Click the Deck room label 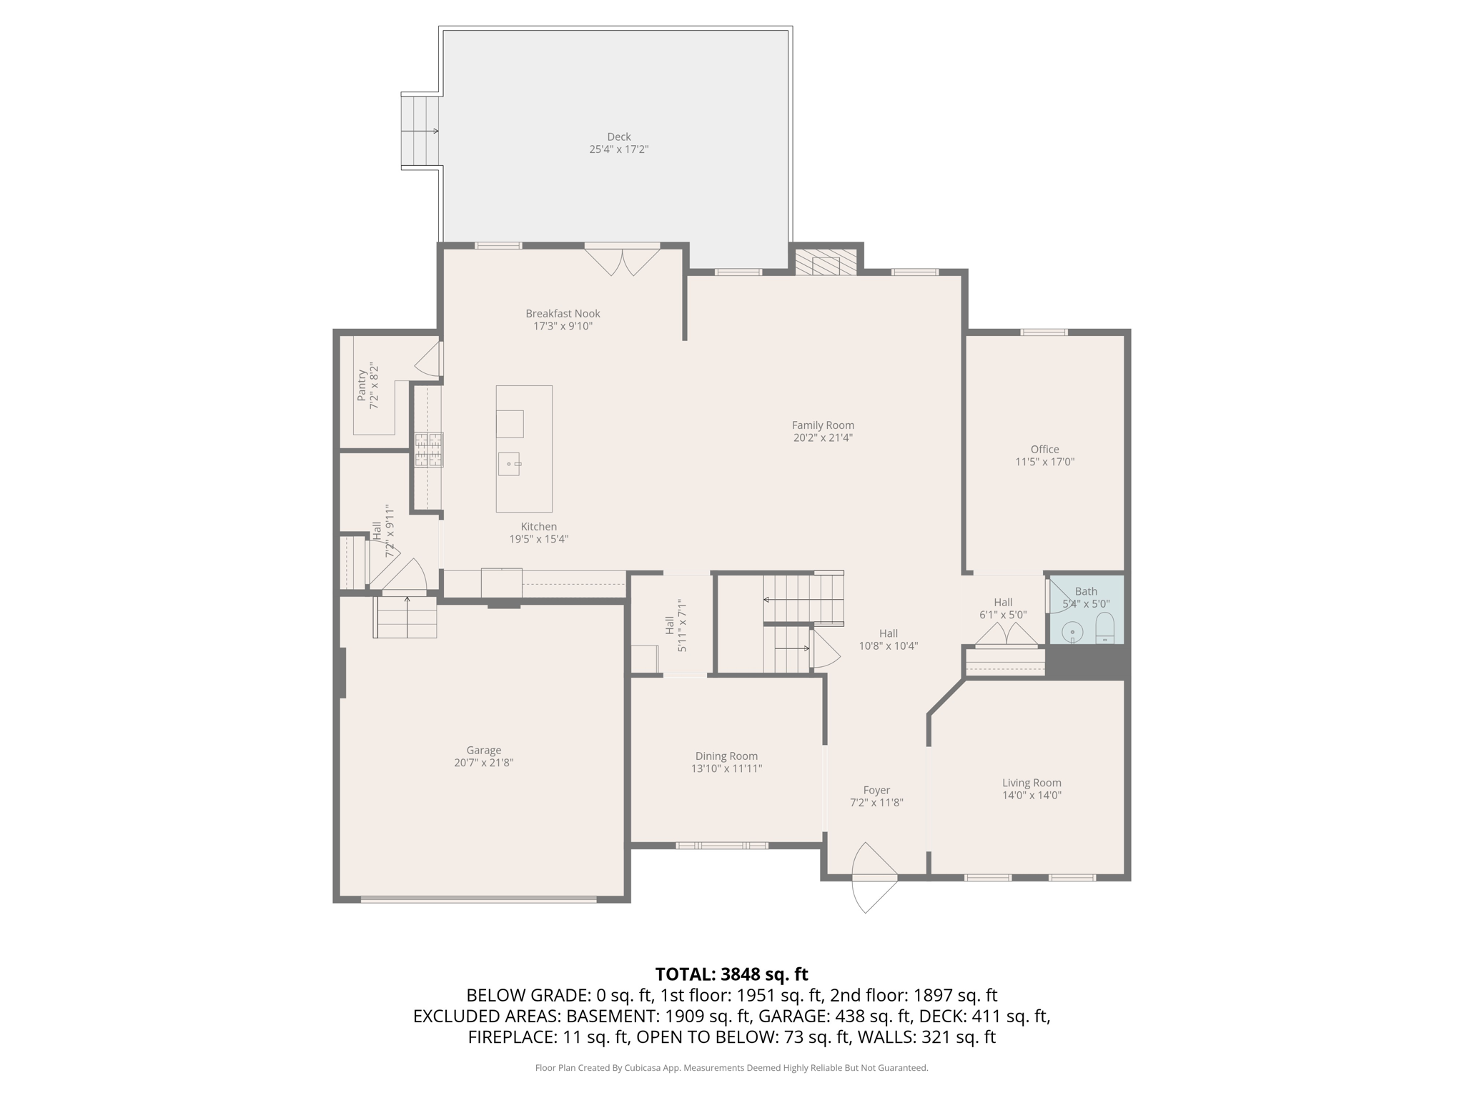[x=619, y=137]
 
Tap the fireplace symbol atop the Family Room [x=826, y=262]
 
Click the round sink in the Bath [x=1072, y=632]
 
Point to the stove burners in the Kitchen [x=429, y=450]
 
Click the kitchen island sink [x=509, y=464]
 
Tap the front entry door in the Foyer [x=874, y=878]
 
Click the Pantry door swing [x=430, y=360]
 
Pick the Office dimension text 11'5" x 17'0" [x=1044, y=462]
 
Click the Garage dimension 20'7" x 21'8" [x=483, y=763]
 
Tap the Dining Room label [x=726, y=756]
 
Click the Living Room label [x=1031, y=783]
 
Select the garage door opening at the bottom [x=478, y=899]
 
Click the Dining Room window [x=722, y=846]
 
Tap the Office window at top [x=1044, y=332]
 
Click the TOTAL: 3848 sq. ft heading [x=731, y=974]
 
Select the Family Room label [x=823, y=425]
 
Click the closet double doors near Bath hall [x=1006, y=635]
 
